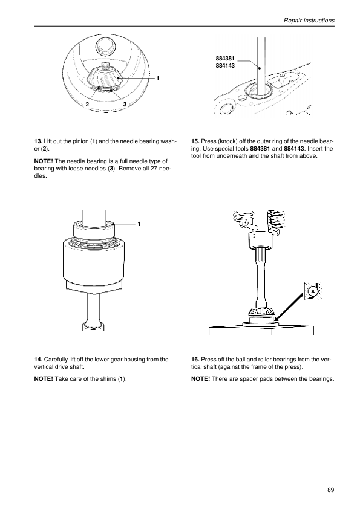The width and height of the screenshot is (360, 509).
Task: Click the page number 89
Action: tap(331, 490)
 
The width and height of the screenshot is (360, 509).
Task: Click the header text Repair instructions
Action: tap(309, 20)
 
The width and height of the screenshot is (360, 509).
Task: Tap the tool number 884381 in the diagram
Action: tap(225, 59)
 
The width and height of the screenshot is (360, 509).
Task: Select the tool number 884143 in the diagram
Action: tap(225, 66)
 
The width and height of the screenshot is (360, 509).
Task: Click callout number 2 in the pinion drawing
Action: tap(87, 104)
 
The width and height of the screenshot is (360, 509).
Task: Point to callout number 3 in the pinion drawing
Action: tap(125, 104)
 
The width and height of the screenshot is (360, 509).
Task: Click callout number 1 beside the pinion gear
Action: tap(157, 78)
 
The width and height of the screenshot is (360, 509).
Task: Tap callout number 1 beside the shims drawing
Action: tap(139, 224)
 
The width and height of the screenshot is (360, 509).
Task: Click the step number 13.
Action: tap(38, 141)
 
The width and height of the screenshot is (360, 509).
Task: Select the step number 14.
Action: tap(38, 360)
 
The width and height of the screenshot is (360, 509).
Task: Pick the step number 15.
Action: tap(195, 141)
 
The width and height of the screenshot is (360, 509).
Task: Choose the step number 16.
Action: tap(195, 360)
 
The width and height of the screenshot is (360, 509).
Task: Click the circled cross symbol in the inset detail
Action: tap(313, 291)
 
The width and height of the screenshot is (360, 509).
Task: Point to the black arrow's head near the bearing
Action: tap(277, 319)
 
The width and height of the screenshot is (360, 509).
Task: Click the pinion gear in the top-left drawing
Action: tap(105, 77)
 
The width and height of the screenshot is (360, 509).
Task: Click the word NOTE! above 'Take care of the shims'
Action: tap(44, 379)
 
